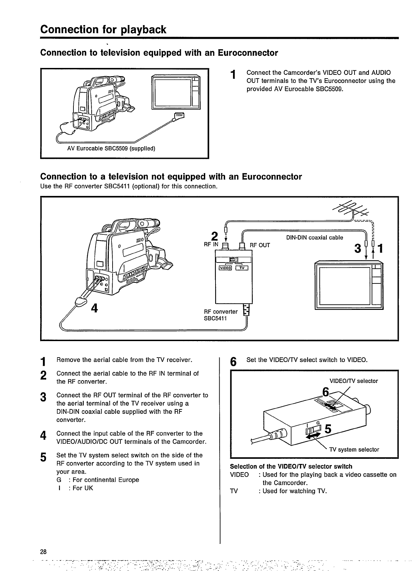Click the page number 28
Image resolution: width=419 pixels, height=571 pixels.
43,552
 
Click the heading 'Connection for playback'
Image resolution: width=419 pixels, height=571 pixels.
103,29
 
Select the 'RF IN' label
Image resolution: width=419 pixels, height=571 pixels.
211,245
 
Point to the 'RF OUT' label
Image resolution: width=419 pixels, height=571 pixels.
260,245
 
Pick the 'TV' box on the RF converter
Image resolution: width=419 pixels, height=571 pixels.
242,268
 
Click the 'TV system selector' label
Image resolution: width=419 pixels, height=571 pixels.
354,450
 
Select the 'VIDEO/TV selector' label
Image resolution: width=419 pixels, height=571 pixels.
353,381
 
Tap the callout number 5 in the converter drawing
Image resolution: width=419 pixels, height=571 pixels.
327,429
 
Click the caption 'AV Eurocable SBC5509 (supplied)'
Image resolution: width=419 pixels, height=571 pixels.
111,148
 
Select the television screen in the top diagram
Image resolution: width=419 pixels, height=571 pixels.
172,92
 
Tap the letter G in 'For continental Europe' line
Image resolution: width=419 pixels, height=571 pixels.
59,480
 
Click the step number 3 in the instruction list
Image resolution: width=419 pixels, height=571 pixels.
43,397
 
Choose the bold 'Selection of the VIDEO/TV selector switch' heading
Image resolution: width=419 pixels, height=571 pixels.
291,466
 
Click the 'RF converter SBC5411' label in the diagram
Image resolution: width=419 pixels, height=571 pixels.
221,315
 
